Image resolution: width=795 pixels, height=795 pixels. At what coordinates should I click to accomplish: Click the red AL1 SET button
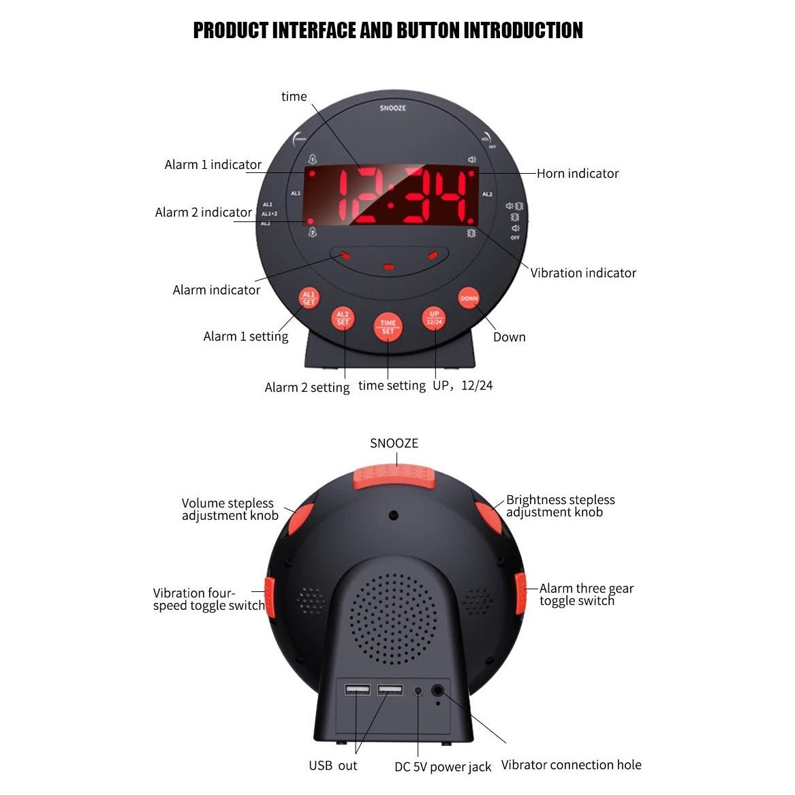(x=309, y=298)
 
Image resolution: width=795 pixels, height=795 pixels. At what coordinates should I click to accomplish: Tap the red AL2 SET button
(x=343, y=318)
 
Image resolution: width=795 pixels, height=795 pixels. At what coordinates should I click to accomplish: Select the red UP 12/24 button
(x=434, y=318)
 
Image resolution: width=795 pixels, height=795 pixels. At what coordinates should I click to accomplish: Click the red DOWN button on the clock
(x=469, y=298)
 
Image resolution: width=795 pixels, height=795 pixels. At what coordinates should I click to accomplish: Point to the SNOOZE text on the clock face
(x=393, y=108)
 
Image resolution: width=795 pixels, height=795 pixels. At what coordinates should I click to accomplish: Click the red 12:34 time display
(x=390, y=195)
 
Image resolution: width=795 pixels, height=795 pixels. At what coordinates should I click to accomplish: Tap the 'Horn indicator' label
(x=577, y=174)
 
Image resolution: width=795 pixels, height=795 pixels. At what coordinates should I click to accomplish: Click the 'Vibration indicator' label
(x=583, y=273)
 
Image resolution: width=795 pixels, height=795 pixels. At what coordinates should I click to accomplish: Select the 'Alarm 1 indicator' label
(x=213, y=165)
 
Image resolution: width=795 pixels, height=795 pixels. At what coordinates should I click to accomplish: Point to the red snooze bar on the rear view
(x=394, y=476)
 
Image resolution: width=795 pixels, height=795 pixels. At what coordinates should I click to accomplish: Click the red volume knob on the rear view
(x=300, y=519)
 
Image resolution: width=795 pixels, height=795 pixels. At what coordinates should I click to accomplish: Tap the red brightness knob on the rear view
(x=487, y=519)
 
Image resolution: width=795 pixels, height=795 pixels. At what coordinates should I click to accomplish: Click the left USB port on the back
(x=357, y=690)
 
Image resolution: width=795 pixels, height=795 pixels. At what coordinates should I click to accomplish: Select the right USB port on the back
(x=390, y=690)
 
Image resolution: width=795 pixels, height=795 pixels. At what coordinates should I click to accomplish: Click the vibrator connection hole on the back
(x=439, y=690)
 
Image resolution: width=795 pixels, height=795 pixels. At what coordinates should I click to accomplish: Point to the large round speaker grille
(x=393, y=619)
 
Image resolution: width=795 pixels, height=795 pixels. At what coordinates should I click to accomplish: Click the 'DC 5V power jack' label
(x=442, y=767)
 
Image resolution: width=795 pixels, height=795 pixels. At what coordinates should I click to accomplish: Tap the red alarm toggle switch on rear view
(x=521, y=593)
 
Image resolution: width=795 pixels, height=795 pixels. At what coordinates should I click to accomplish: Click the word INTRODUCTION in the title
(x=523, y=31)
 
